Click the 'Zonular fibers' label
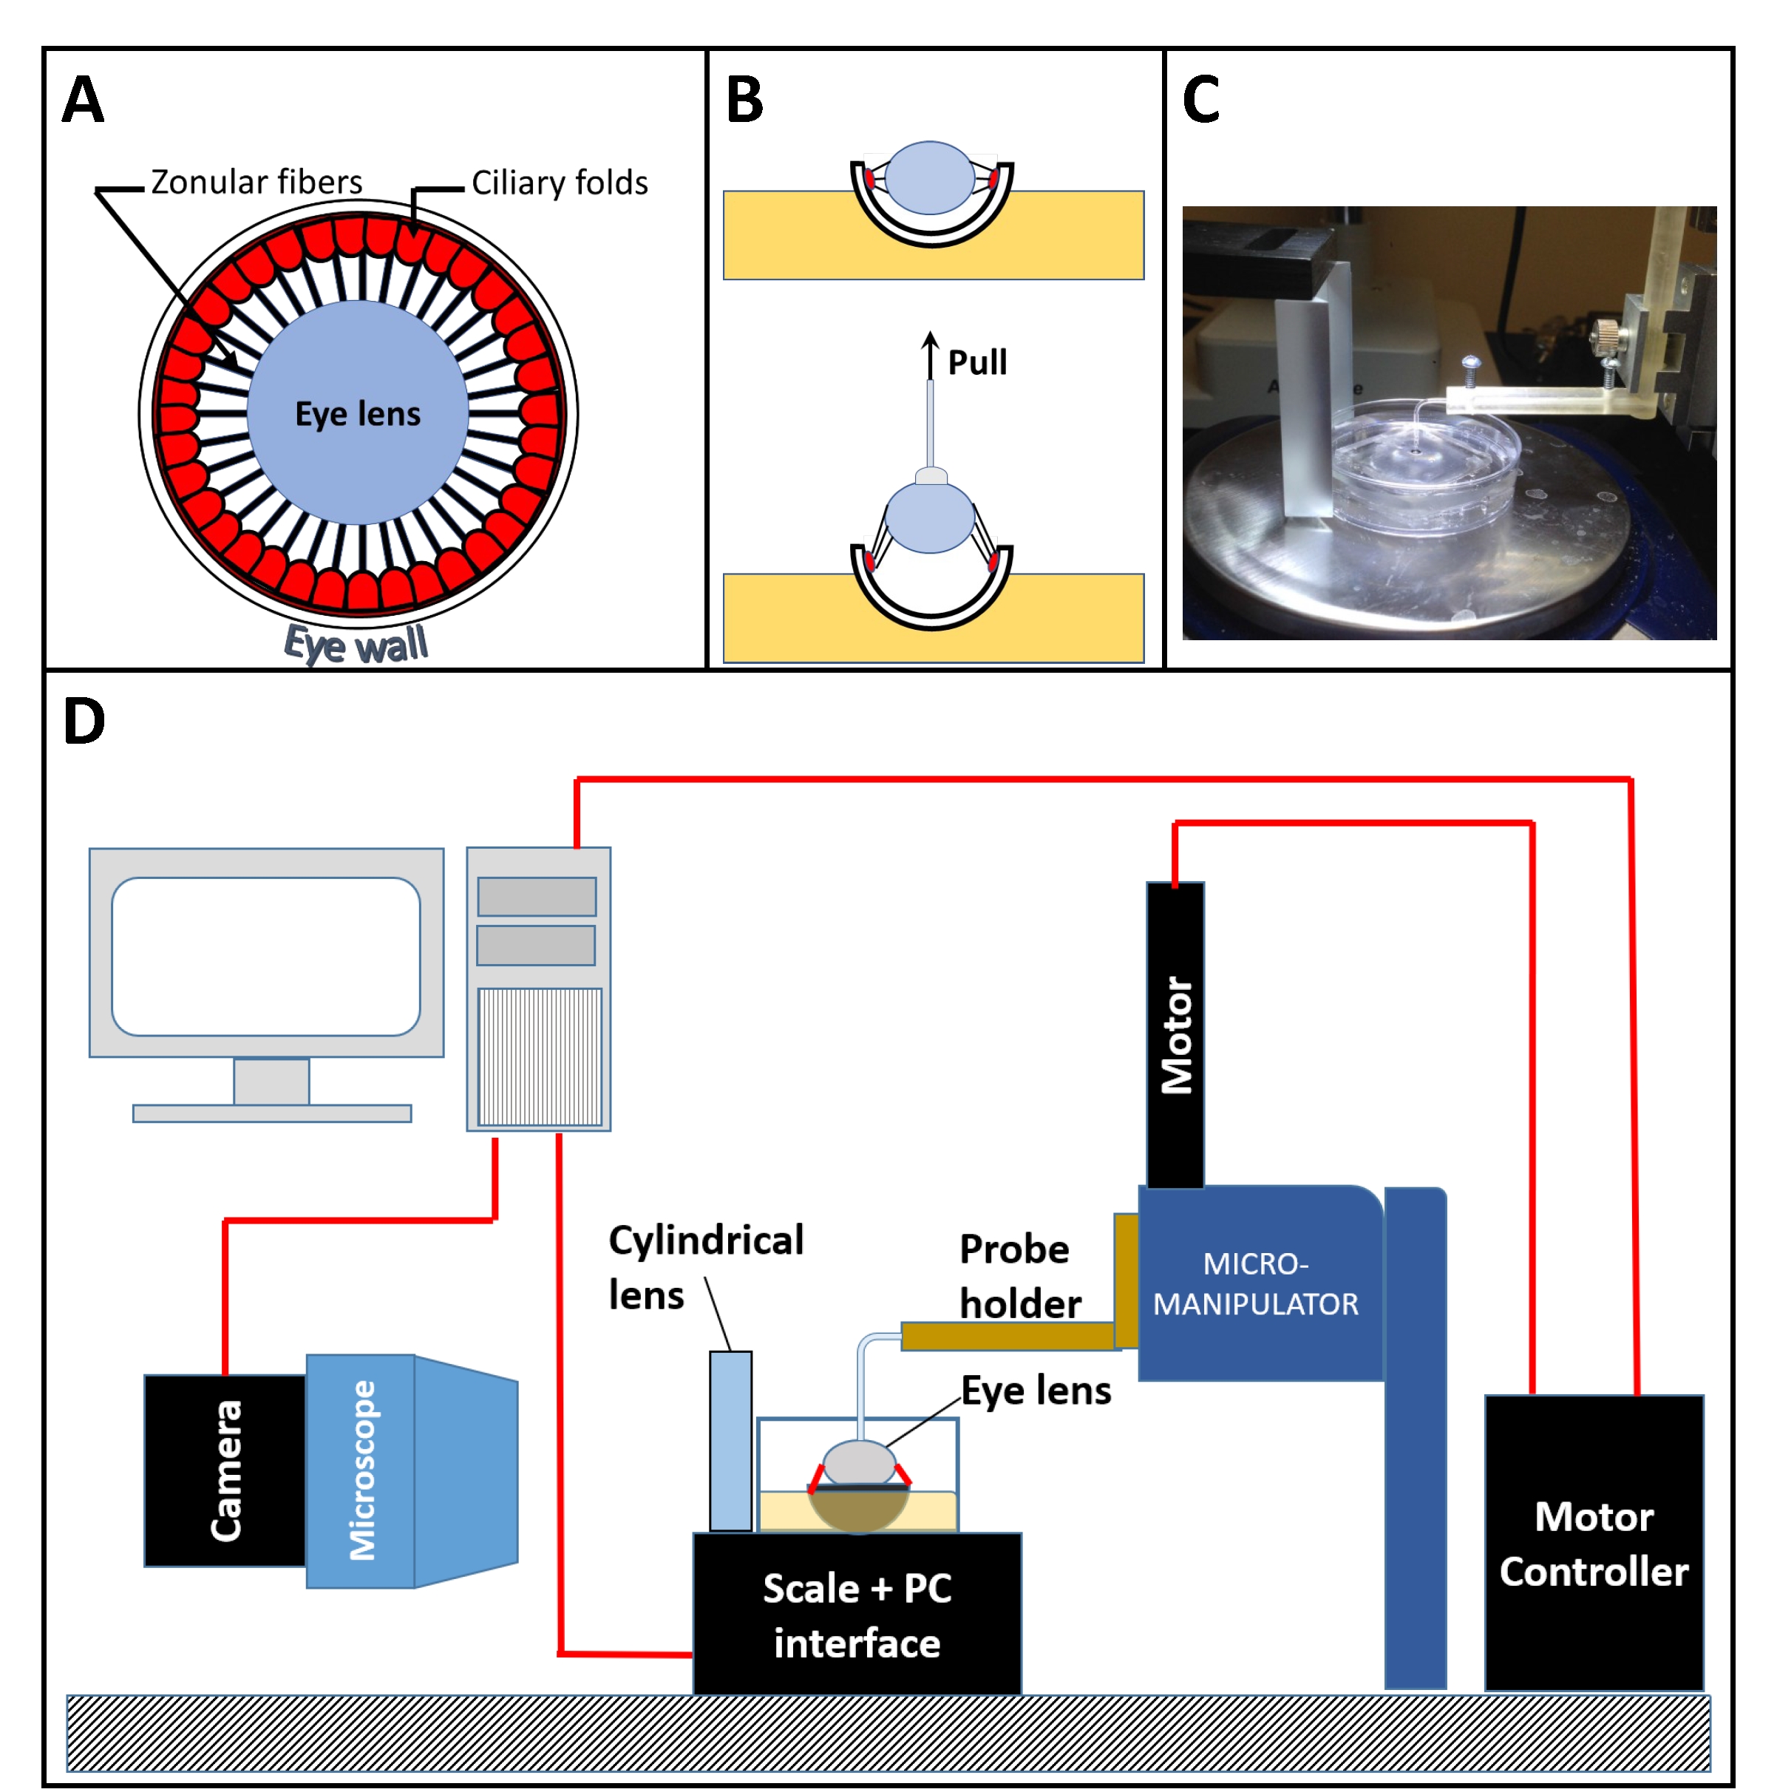(256, 182)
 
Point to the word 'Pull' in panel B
(976, 362)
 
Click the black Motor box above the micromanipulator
(1175, 1034)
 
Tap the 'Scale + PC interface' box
(856, 1615)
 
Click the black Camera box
(225, 1471)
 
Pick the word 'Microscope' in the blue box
(361, 1471)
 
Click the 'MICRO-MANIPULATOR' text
(1255, 1283)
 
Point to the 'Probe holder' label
(1019, 1275)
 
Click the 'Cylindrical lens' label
(705, 1267)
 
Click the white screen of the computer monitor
(265, 957)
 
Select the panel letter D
(84, 721)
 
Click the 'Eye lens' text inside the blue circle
(357, 414)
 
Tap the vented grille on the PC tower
(539, 1056)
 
